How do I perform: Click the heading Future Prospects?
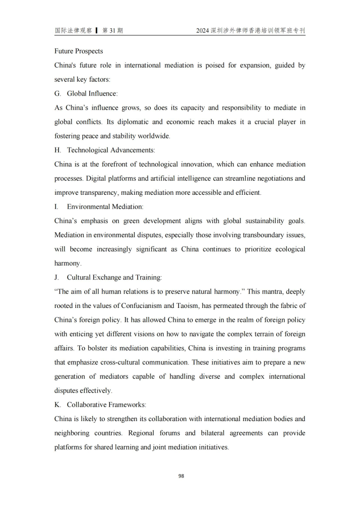(78, 51)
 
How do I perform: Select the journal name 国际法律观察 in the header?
(73, 31)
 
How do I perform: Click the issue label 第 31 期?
(113, 31)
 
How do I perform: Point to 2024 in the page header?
(203, 31)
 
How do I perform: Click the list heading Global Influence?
(92, 94)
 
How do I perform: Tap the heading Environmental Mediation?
(105, 207)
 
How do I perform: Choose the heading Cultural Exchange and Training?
(114, 277)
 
